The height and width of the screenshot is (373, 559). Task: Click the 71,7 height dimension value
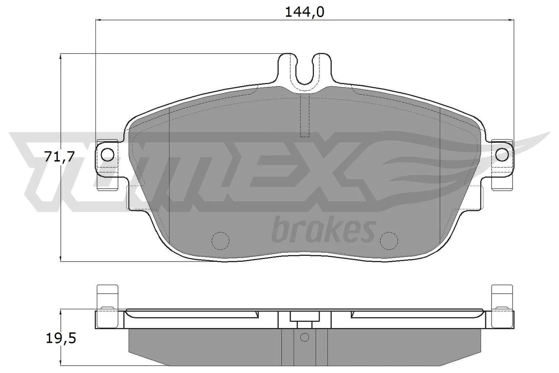(x=59, y=157)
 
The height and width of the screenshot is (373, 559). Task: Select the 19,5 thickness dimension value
(x=61, y=338)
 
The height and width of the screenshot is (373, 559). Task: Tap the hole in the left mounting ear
(x=109, y=154)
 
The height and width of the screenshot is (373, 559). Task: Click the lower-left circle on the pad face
(x=221, y=241)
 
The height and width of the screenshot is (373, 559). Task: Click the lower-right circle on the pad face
(x=389, y=241)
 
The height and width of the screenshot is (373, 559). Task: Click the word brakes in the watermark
(x=323, y=231)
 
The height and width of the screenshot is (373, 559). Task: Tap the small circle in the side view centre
(x=305, y=337)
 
